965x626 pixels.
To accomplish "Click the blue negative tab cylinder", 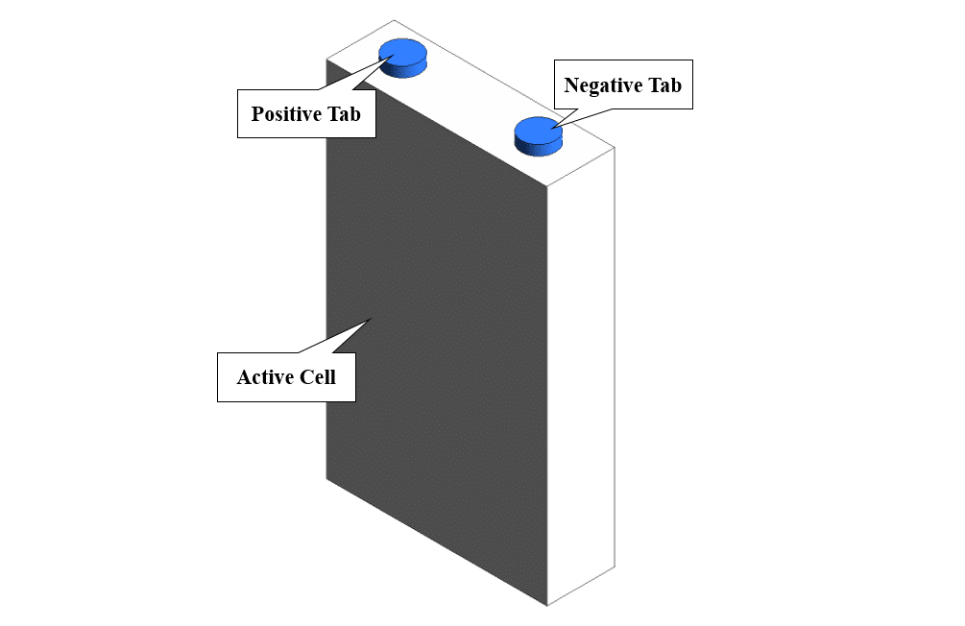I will [540, 134].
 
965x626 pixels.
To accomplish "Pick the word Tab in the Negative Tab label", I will [663, 85].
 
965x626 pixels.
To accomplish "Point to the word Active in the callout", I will [264, 377].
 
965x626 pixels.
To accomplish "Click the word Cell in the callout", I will [318, 377].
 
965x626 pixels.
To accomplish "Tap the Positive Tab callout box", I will [306, 114].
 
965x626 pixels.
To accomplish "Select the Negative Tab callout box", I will [623, 85].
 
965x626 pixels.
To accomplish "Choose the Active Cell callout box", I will [286, 377].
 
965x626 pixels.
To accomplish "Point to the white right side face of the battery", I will [581, 374].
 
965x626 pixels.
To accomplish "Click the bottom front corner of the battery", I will [547, 606].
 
